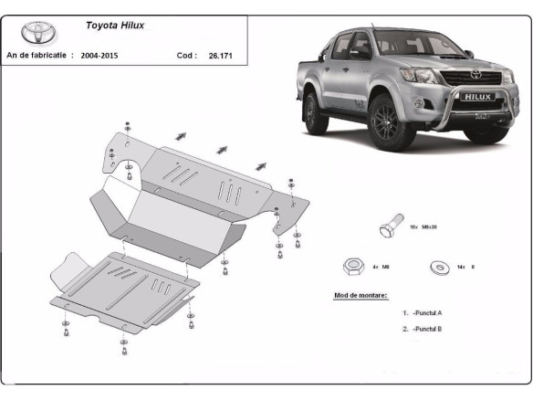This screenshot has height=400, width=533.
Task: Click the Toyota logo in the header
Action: coord(40,35)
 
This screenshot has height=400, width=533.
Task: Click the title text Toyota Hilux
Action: coord(114,26)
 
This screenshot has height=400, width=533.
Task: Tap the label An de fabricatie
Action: coord(40,56)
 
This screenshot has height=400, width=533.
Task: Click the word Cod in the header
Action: coord(185,56)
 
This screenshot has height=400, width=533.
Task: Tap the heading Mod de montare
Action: coord(361,296)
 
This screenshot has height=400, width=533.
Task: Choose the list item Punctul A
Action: coord(424,312)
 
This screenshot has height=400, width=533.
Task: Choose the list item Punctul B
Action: coord(424,328)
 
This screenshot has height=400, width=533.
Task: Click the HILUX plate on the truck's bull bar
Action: coord(479,95)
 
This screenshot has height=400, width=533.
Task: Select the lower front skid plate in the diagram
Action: coord(123,288)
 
